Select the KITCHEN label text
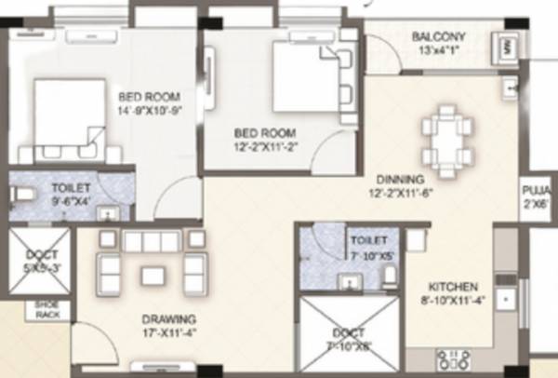[x=453, y=286]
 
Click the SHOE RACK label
[x=46, y=309]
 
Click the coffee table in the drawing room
[x=152, y=274]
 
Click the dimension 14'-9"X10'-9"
[x=149, y=110]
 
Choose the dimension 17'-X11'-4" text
[x=150, y=329]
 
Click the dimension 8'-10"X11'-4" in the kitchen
[x=453, y=300]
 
